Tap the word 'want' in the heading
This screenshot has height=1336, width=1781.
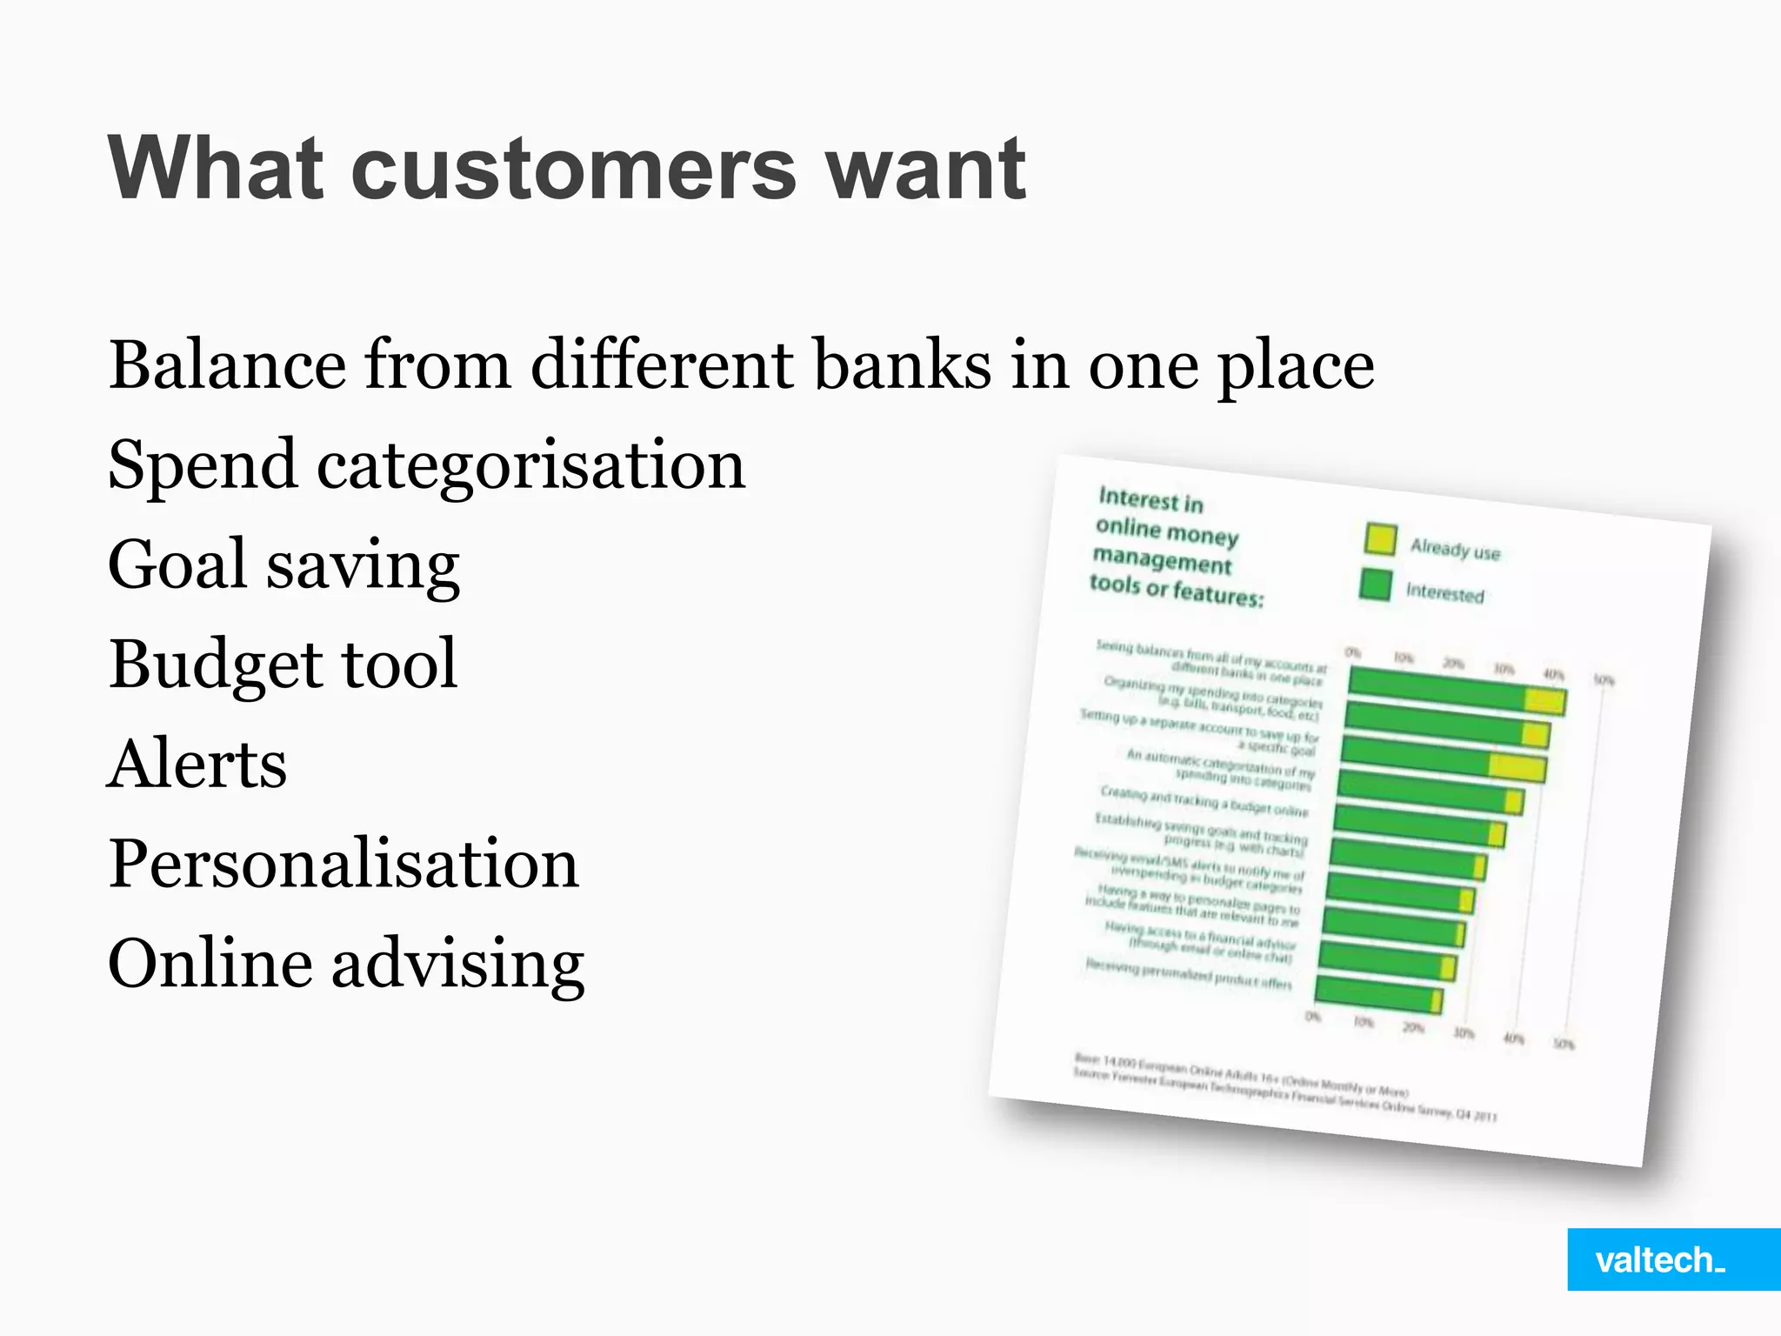point(925,169)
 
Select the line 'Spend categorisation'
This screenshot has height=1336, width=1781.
point(426,465)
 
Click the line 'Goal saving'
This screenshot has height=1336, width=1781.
point(283,565)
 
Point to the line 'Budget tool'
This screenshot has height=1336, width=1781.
point(283,665)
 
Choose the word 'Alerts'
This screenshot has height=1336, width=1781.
point(197,764)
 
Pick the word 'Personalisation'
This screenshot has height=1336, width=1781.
point(344,864)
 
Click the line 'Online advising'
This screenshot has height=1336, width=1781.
point(346,964)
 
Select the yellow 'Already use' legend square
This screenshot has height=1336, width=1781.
point(1380,539)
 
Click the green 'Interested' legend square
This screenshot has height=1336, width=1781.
point(1375,584)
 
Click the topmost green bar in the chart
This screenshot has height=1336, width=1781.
point(1435,687)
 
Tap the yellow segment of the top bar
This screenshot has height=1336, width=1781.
point(1544,701)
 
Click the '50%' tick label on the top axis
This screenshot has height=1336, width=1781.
point(1604,680)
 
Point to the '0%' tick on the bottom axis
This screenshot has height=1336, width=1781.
point(1312,1016)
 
